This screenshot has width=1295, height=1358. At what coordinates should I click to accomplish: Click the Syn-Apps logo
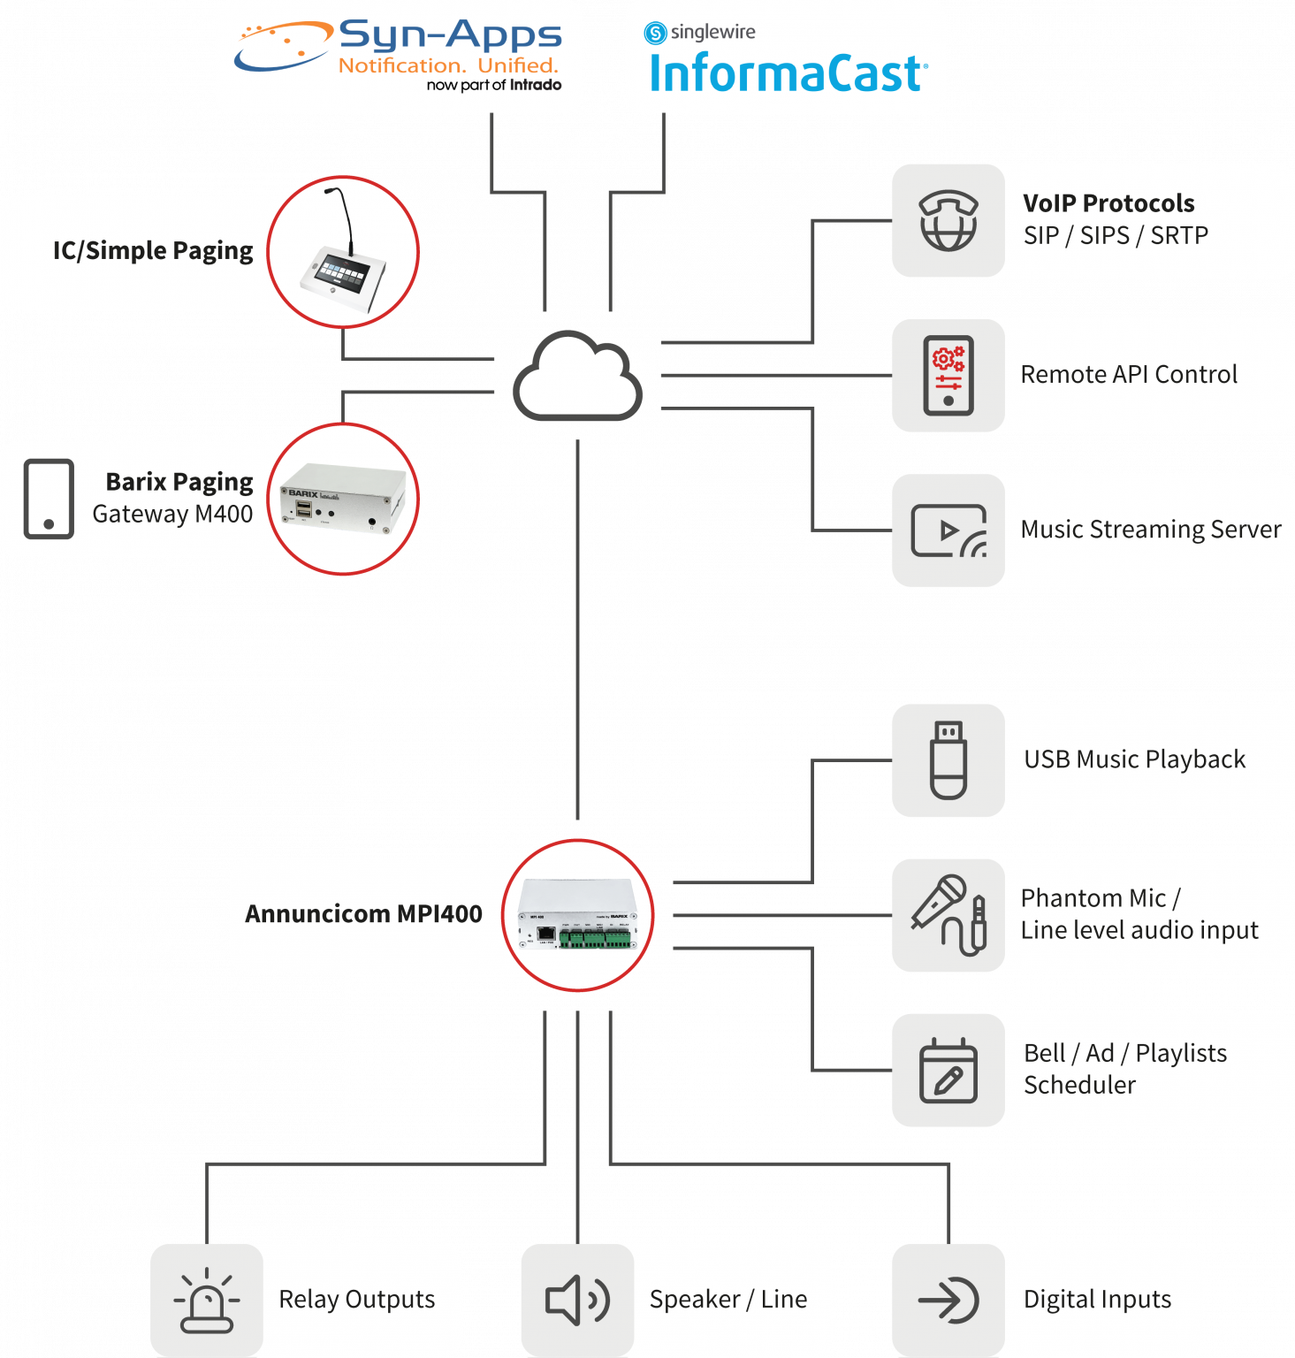tap(398, 56)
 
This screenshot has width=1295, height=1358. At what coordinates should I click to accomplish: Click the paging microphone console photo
tap(343, 252)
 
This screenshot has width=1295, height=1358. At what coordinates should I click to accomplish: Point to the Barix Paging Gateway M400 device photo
tap(343, 499)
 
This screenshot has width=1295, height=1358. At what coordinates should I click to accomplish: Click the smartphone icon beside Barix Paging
tap(49, 499)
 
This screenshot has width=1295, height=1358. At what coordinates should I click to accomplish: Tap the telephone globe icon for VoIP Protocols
tap(948, 221)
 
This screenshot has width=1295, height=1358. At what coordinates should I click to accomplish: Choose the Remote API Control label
tap(1129, 375)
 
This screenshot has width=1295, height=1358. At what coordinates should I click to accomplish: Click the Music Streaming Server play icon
tap(948, 530)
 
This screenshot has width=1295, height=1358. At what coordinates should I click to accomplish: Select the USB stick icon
tap(948, 760)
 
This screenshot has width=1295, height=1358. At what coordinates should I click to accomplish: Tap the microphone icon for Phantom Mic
tap(948, 915)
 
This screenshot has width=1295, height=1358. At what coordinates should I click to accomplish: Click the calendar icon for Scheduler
tap(948, 1071)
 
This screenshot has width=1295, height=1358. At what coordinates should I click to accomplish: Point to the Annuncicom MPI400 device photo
tap(578, 915)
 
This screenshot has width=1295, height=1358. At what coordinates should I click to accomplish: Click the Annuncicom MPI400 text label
tap(363, 914)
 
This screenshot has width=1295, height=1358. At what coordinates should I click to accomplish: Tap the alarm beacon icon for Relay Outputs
tap(207, 1301)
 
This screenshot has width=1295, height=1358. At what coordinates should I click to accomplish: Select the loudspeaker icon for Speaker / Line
tap(577, 1301)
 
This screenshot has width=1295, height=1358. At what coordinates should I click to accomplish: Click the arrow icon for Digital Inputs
tap(948, 1301)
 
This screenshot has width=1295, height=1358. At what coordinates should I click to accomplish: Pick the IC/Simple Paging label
tap(153, 251)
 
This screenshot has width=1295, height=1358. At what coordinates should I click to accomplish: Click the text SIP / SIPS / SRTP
tap(1116, 236)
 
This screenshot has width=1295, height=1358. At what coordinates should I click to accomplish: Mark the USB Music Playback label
tap(1134, 759)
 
